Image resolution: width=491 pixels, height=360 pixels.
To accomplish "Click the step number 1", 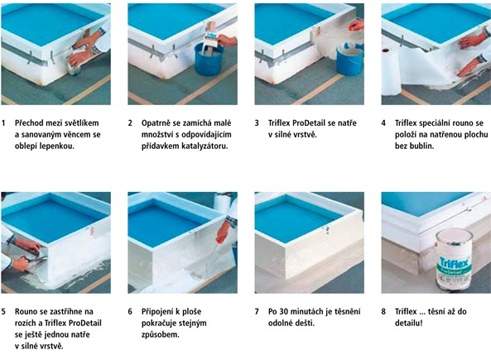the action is click(3, 123).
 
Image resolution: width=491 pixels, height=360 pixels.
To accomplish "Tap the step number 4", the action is click(383, 123).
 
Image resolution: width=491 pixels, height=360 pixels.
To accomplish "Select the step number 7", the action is click(257, 311).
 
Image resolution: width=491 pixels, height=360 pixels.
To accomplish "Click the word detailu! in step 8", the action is click(409, 323).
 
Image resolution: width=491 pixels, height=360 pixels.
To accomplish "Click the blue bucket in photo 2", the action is click(208, 59).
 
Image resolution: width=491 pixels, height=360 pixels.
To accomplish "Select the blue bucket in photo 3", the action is click(349, 60).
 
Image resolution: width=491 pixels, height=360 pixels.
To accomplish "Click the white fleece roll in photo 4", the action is click(390, 71).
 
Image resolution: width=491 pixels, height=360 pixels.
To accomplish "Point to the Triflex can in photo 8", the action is click(454, 260).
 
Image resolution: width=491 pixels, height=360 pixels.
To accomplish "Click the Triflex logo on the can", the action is click(454, 262).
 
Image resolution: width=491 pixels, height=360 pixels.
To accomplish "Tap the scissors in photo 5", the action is click(34, 259).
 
